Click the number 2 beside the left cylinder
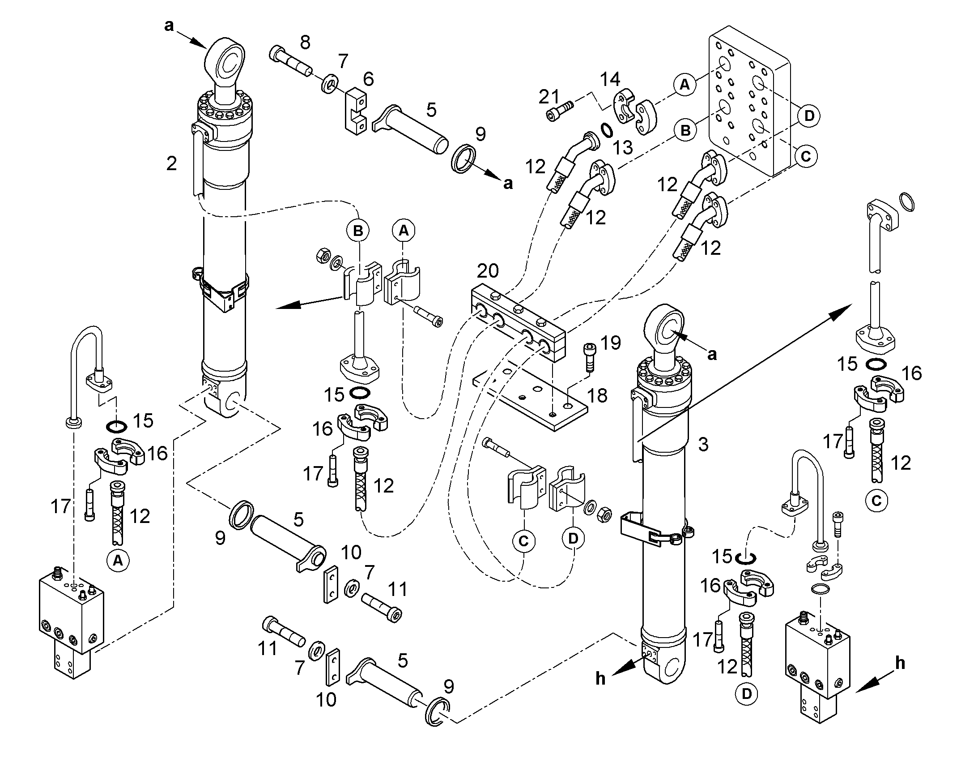coord(171,164)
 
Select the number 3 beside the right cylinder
coord(703,444)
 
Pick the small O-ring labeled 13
coord(607,129)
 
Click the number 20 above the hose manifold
coord(487,271)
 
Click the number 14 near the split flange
coord(610,80)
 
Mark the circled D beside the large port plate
coord(809,116)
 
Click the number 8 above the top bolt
coord(305,43)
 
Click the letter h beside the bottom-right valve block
coord(900,663)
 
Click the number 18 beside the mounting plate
coord(597,396)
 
